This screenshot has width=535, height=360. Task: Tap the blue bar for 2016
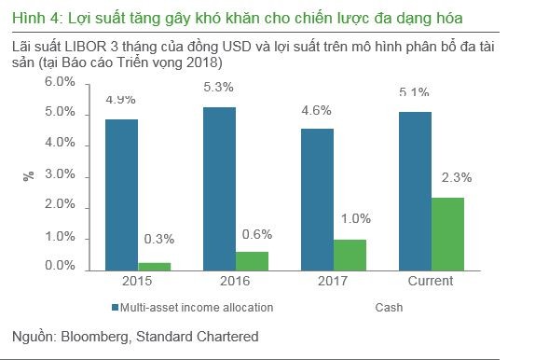click(x=219, y=188)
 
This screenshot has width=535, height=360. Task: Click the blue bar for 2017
click(x=317, y=199)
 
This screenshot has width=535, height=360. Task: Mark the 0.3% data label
click(x=159, y=240)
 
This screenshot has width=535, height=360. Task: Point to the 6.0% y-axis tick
click(x=61, y=82)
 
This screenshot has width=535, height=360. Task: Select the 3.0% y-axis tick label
click(x=61, y=174)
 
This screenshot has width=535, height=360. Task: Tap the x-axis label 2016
click(x=235, y=280)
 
